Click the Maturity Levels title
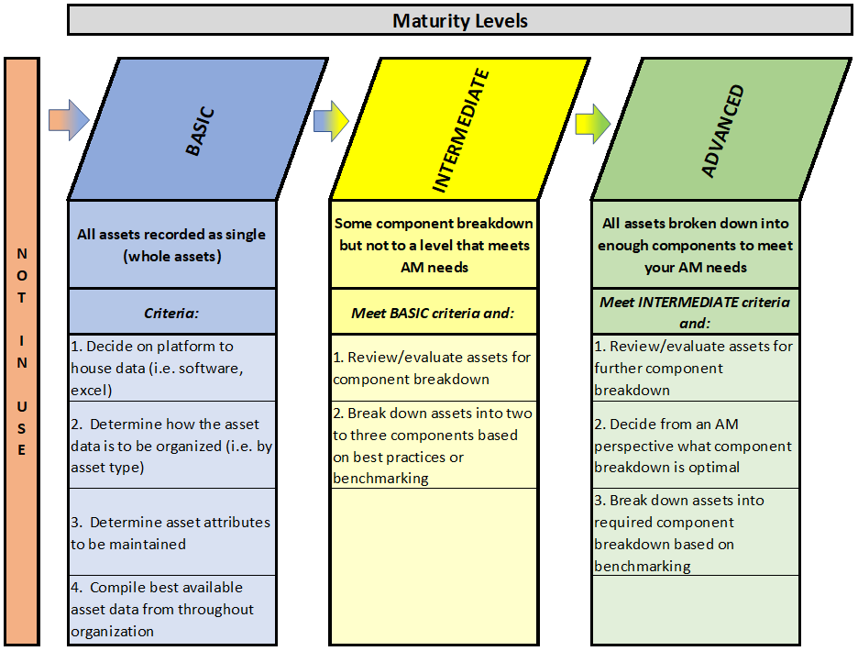click(459, 21)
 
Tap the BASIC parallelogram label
click(200, 131)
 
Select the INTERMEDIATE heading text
click(460, 130)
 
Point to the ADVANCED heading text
click(722, 131)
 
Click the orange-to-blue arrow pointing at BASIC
click(69, 120)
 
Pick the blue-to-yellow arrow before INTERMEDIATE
click(331, 121)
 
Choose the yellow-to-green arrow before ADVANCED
click(592, 124)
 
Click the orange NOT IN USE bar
click(22, 351)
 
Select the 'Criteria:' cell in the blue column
click(171, 312)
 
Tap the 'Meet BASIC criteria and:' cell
click(434, 312)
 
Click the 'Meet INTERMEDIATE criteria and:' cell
click(695, 312)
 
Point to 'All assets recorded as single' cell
click(171, 245)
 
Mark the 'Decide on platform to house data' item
click(171, 368)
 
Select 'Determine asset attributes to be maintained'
click(171, 532)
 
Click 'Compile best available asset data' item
click(171, 610)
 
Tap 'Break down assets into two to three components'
click(434, 445)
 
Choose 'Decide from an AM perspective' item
click(695, 445)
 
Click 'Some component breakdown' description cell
click(434, 245)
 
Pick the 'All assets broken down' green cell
click(695, 245)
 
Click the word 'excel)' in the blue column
click(92, 391)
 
